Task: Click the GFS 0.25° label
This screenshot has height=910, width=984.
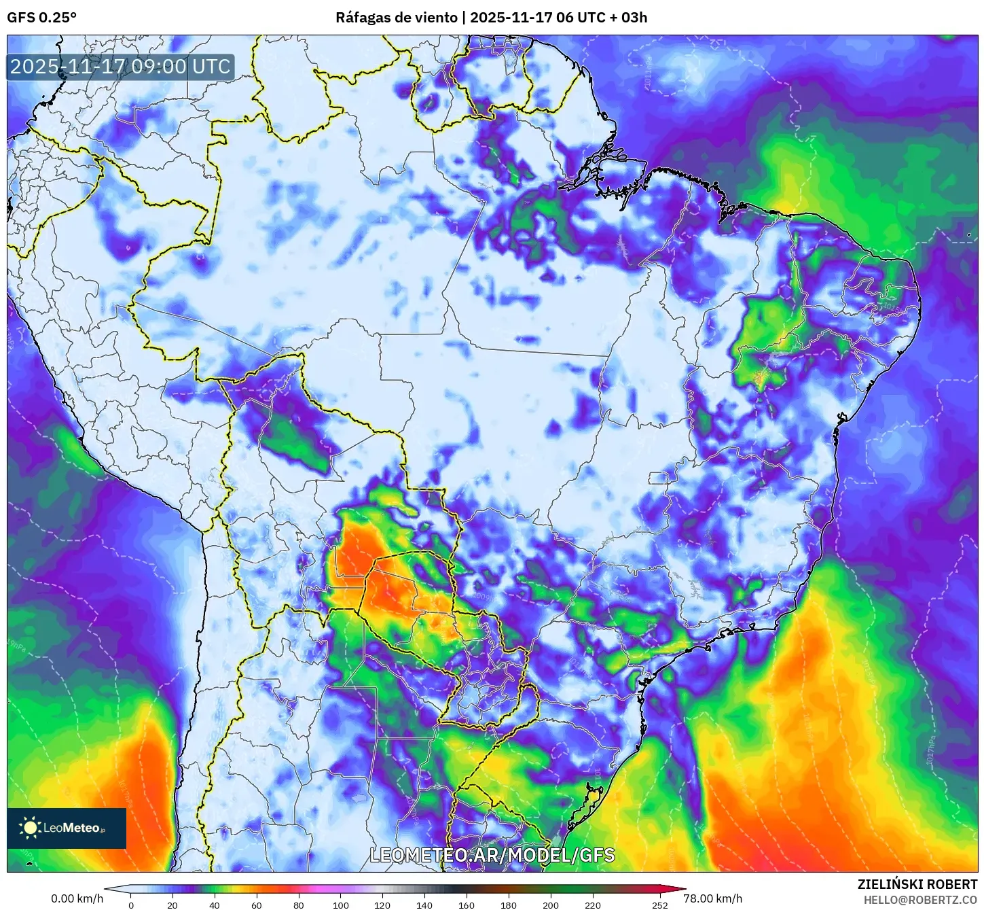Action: click(41, 18)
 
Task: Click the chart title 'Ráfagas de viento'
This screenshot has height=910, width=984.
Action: click(397, 18)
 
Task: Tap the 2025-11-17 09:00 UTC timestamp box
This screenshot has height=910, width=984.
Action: click(120, 67)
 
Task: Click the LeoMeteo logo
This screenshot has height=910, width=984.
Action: click(67, 828)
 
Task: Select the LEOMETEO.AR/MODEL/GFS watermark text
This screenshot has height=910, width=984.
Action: click(492, 855)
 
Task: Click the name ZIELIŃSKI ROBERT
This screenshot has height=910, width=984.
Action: click(917, 884)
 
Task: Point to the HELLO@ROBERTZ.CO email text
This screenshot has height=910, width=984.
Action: click(920, 900)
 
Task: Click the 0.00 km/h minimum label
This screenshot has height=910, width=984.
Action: click(77, 898)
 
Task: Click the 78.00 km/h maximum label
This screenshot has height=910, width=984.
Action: click(712, 898)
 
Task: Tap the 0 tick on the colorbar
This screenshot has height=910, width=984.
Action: click(131, 905)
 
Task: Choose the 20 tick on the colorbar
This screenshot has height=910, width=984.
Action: click(172, 905)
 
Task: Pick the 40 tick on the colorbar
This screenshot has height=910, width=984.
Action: click(215, 905)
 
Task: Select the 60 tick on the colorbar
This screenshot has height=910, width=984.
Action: click(257, 905)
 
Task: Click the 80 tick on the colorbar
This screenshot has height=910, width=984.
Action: click(299, 905)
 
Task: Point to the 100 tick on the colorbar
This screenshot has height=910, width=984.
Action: click(341, 905)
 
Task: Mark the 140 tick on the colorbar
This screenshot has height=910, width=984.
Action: click(424, 905)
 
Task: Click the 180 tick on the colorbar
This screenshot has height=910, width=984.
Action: click(509, 905)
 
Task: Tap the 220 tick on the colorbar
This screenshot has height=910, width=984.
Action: click(593, 905)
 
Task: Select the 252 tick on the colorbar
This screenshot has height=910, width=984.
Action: click(660, 905)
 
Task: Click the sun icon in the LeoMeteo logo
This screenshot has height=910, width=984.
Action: click(30, 828)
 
